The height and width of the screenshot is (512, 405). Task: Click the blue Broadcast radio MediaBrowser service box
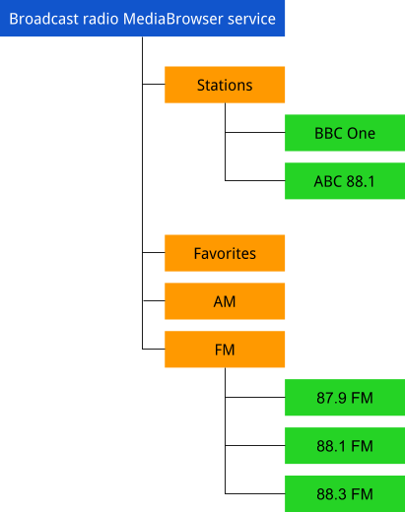[x=143, y=19]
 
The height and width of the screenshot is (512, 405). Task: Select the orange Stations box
[x=225, y=85]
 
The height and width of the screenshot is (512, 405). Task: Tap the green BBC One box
[x=345, y=133]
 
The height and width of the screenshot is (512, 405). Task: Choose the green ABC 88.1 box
[x=345, y=181]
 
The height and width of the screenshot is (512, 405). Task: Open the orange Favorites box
[x=225, y=253]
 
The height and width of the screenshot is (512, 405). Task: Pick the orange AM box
[x=225, y=301]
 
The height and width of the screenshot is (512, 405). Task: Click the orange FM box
[x=225, y=350]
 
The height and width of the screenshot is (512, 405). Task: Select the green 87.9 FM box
[x=345, y=398]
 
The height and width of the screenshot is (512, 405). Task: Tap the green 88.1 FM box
[x=345, y=446]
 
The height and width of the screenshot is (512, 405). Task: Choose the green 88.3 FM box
[x=345, y=493]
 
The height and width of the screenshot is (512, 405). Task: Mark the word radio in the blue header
[x=100, y=19]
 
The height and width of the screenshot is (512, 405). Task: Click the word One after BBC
[x=362, y=133]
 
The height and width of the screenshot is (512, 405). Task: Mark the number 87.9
[x=332, y=398]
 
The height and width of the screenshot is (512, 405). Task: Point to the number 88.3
[x=332, y=493]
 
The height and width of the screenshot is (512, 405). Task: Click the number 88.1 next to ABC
[x=361, y=181]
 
